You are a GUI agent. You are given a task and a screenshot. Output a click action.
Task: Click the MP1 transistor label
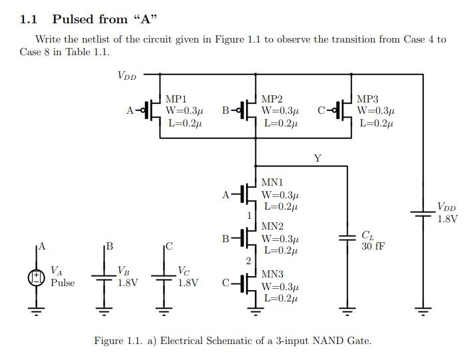[x=176, y=99]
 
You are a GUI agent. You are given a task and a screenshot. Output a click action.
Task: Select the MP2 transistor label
[x=272, y=99]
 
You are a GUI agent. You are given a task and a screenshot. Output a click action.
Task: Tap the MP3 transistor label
[x=368, y=99]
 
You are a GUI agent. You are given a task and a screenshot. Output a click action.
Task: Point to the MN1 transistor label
[x=272, y=182]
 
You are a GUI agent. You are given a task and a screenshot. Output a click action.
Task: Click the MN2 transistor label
[x=272, y=227]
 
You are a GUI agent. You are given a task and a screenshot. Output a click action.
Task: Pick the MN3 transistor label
[x=272, y=274]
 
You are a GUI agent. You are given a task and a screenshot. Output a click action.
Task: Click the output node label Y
[x=317, y=158]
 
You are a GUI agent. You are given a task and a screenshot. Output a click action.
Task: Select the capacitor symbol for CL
[x=347, y=238]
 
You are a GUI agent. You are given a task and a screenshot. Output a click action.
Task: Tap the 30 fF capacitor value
[x=373, y=246]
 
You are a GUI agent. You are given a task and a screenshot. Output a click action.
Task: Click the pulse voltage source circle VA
[x=36, y=277]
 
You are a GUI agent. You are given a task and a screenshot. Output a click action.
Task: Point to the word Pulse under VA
[x=63, y=283]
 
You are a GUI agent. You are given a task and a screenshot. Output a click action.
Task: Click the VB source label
[x=123, y=271]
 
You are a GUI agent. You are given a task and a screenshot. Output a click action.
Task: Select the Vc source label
[x=184, y=271]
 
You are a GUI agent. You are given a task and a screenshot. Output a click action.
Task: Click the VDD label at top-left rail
[x=126, y=76]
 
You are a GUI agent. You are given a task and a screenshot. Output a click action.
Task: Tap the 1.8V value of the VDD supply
[x=447, y=219]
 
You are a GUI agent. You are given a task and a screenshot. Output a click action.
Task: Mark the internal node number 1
[x=249, y=216]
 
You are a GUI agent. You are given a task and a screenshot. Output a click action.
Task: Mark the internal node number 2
[x=249, y=261]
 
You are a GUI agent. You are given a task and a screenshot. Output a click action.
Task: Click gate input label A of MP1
[x=130, y=110]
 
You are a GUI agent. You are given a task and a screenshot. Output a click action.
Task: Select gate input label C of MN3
[x=226, y=283]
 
